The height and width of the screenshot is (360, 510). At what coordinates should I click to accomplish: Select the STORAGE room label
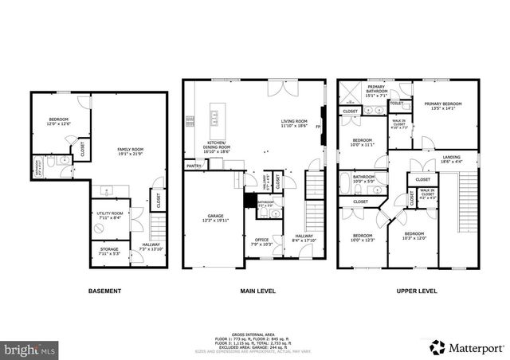click(x=109, y=249)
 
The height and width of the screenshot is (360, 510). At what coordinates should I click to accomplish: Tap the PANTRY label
click(x=194, y=166)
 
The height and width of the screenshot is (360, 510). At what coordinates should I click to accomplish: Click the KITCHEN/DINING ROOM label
click(x=217, y=145)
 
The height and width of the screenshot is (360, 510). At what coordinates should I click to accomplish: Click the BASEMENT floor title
click(x=104, y=292)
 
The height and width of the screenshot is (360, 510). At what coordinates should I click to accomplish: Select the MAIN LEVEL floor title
click(x=257, y=292)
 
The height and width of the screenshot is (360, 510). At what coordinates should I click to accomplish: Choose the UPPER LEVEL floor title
click(x=417, y=292)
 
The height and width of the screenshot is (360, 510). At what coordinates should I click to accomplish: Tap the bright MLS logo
click(x=30, y=349)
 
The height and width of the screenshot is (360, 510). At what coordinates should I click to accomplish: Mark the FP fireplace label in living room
click(x=317, y=127)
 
